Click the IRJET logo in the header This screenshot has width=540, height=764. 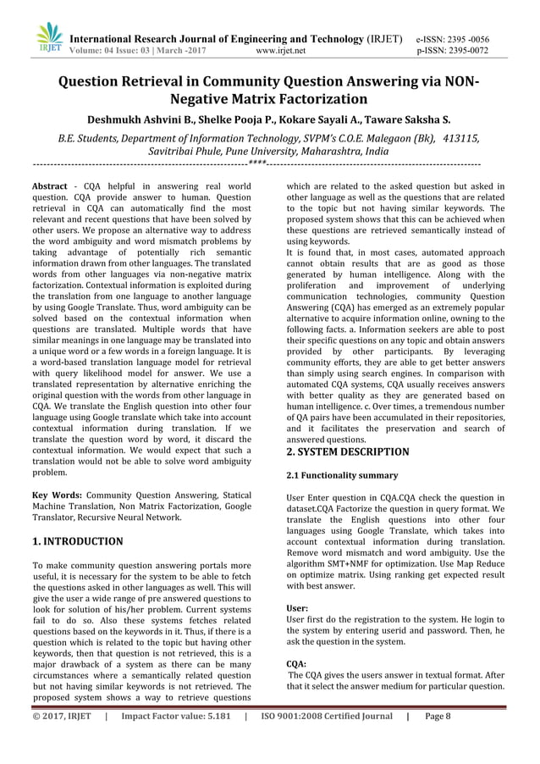[49, 36]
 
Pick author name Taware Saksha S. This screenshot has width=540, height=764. [404, 120]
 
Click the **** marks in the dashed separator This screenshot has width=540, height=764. [258, 162]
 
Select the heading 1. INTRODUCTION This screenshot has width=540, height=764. [77, 540]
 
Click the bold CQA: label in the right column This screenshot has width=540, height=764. [296, 664]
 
